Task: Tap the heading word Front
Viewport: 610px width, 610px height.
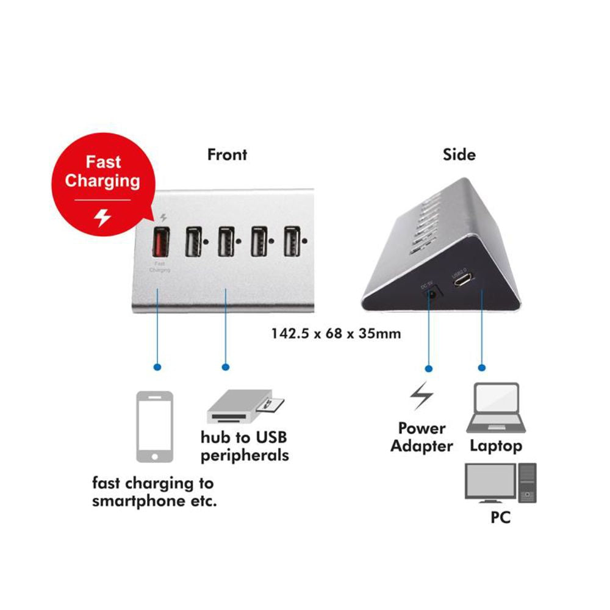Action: click(227, 154)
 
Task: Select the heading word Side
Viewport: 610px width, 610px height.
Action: click(459, 154)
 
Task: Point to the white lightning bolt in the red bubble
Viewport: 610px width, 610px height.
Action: click(102, 217)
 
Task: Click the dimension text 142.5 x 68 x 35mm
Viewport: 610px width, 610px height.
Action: click(336, 334)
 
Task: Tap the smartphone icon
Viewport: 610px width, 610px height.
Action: click(154, 426)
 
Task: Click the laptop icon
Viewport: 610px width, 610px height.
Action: click(495, 408)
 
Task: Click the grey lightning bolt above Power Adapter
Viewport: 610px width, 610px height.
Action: click(421, 397)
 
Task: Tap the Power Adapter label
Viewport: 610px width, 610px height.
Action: click(422, 437)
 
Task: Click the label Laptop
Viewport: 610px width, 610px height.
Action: click(495, 446)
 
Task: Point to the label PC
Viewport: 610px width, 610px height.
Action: click(500, 518)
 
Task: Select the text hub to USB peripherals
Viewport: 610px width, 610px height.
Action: click(245, 446)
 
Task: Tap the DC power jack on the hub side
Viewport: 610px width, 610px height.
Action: click(431, 294)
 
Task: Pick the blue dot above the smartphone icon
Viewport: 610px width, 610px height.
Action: click(158, 367)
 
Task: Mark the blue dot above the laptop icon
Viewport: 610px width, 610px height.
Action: click(482, 368)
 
